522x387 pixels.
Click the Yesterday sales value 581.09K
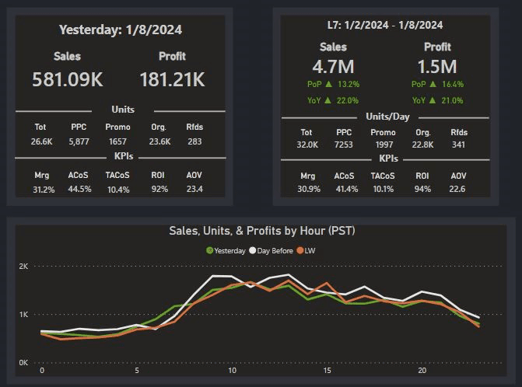[68, 78]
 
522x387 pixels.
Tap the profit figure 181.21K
[172, 78]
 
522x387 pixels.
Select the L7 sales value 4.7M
[333, 66]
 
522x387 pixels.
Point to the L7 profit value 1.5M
[437, 66]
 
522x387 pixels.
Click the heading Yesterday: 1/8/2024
[121, 30]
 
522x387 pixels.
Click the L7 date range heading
[386, 27]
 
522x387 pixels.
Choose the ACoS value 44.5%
[80, 189]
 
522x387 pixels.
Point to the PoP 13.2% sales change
[333, 84]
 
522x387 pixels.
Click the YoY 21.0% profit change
[437, 100]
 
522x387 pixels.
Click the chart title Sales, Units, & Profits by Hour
[263, 231]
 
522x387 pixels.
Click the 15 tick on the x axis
[328, 371]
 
